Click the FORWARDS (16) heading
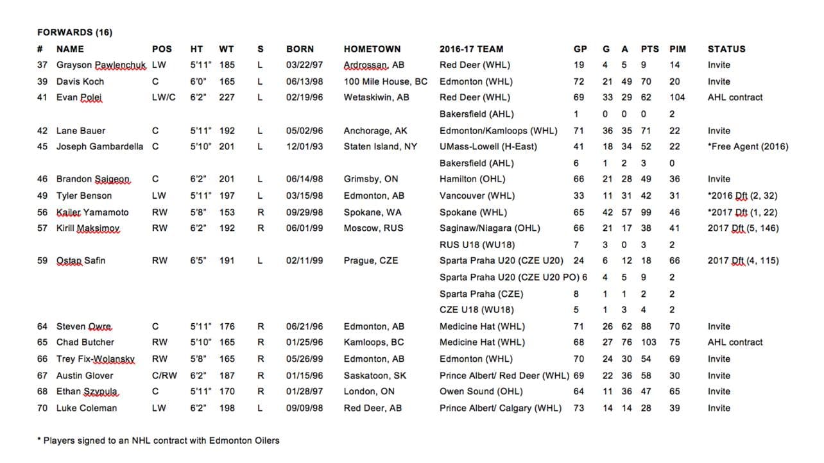75,32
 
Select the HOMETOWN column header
372,49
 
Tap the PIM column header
678,49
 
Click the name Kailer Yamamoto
92,212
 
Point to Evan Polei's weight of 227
227,97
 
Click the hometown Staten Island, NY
381,147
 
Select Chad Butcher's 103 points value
649,342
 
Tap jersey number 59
42,261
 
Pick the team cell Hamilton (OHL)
472,180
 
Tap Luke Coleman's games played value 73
579,408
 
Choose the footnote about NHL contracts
159,441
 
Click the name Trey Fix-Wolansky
96,359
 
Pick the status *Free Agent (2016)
748,147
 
